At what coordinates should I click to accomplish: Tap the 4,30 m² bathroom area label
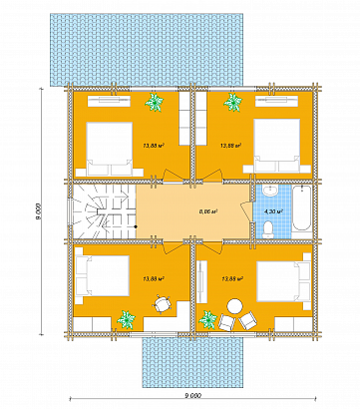click(270, 211)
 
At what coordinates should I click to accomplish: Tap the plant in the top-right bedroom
click(232, 101)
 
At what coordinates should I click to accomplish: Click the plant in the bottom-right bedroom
click(209, 319)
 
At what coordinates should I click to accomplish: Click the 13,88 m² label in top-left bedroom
click(155, 146)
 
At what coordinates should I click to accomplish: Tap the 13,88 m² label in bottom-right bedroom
click(231, 279)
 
